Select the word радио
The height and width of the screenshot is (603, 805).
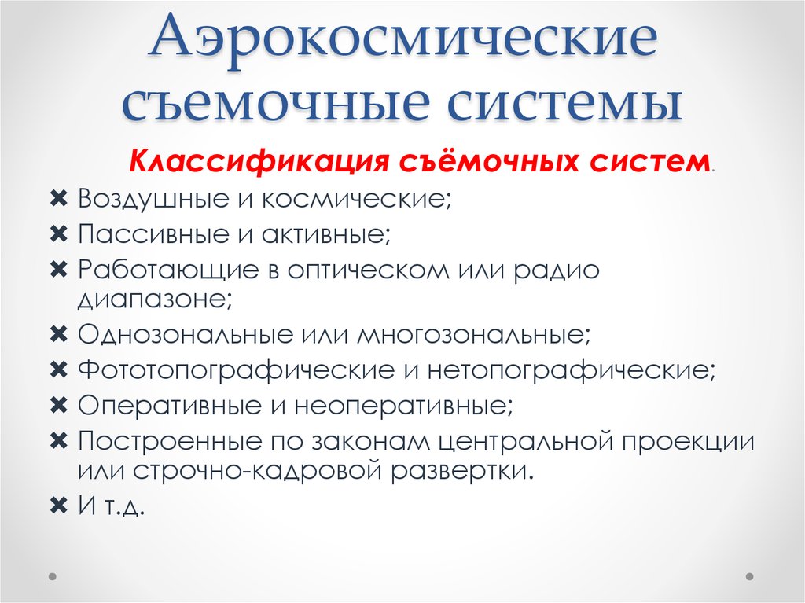pyautogui.click(x=558, y=270)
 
